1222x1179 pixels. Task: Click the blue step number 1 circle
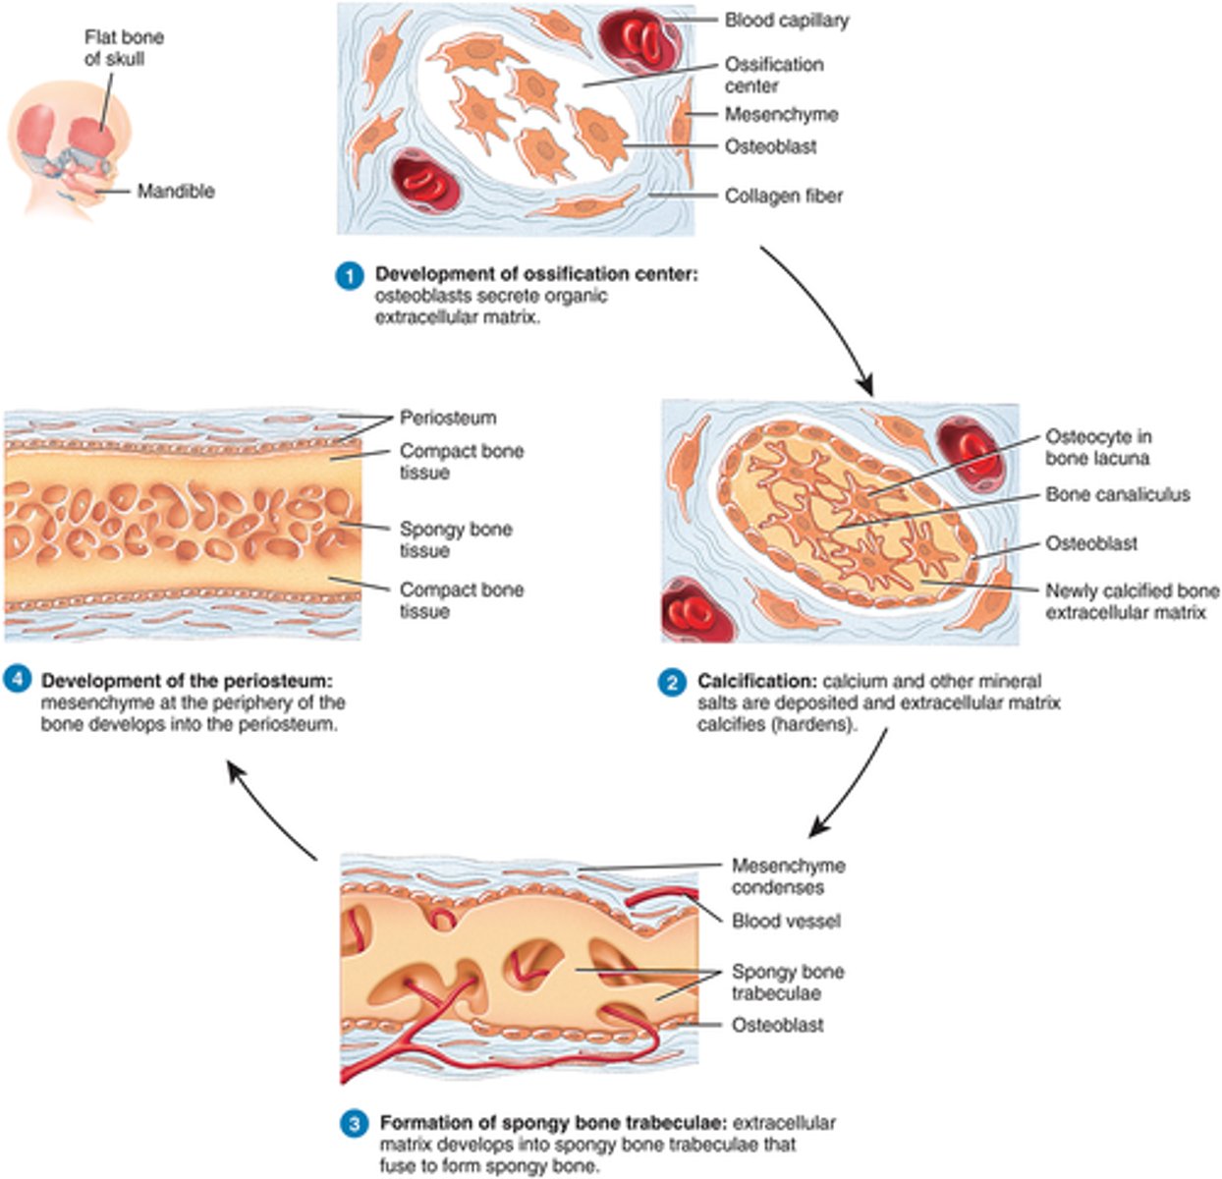click(349, 276)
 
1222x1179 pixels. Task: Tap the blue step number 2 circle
click(672, 683)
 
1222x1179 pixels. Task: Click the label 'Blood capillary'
click(786, 20)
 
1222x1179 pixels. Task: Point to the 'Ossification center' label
click(774, 75)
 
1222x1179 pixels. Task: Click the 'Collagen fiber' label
click(783, 196)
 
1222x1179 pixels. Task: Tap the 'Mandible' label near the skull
click(175, 191)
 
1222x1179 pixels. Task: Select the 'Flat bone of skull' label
click(124, 48)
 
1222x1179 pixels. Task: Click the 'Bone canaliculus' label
click(1117, 495)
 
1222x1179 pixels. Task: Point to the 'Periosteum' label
click(447, 419)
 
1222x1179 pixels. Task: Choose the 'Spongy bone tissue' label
click(455, 539)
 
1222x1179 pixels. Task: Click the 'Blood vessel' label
click(786, 922)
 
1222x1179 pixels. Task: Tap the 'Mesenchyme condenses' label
click(788, 876)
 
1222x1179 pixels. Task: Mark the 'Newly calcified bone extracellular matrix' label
click(1132, 602)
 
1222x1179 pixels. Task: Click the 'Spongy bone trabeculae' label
click(787, 982)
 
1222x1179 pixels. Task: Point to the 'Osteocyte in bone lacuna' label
click(1098, 447)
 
